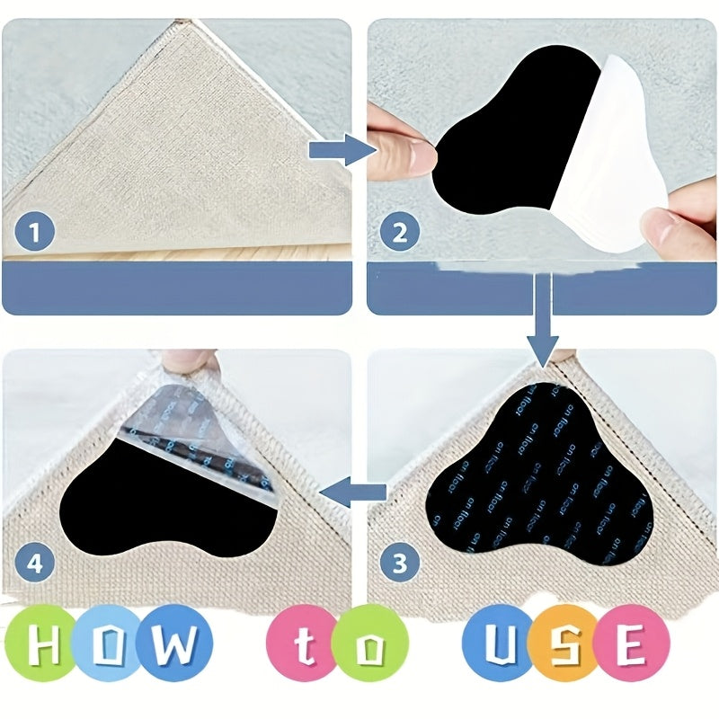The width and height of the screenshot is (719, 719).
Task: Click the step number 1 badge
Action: pos(33,235)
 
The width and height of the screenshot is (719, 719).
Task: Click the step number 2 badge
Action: pos(399,235)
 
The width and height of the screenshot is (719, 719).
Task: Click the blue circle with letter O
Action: pos(112,645)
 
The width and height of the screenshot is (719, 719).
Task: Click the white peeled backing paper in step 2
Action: pos(611,153)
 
